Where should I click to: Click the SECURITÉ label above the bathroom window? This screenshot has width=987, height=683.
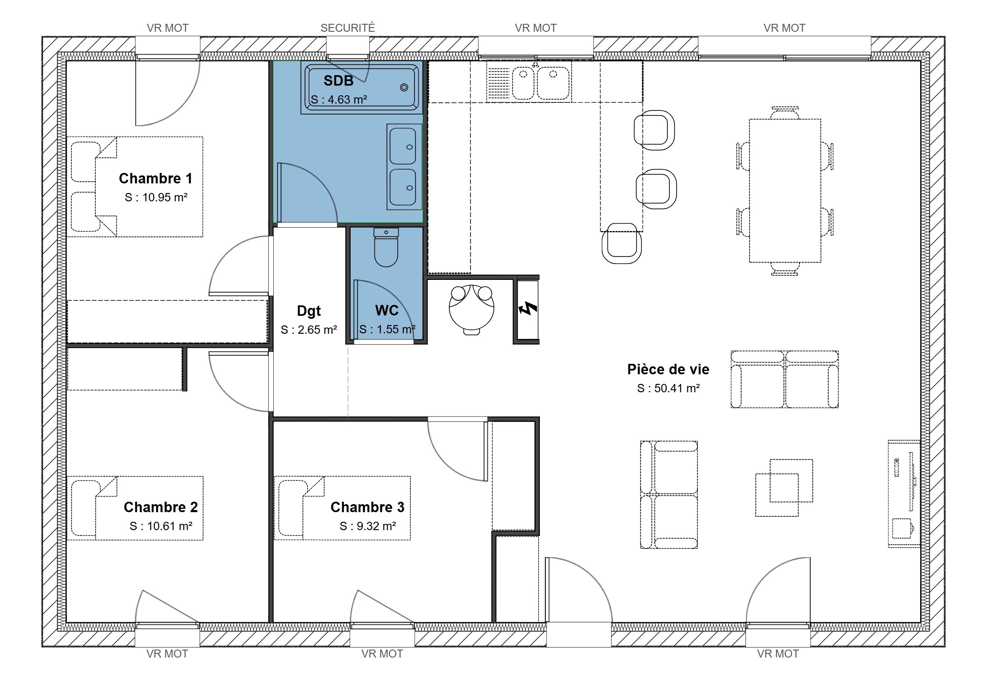pyautogui.click(x=348, y=28)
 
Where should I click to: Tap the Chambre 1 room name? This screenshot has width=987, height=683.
pyautogui.click(x=155, y=178)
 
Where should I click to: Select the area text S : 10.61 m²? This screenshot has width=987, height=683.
pyautogui.click(x=161, y=526)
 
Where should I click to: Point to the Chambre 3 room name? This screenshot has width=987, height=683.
pyautogui.click(x=367, y=507)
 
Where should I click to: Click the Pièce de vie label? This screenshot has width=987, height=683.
pyautogui.click(x=668, y=369)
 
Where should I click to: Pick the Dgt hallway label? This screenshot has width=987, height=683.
pyautogui.click(x=309, y=311)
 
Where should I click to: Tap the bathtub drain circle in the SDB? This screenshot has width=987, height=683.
pyautogui.click(x=404, y=87)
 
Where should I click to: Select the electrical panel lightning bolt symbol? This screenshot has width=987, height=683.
pyautogui.click(x=527, y=308)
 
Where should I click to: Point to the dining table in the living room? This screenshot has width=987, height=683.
pyautogui.click(x=785, y=190)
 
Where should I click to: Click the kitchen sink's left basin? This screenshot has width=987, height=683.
pyautogui.click(x=524, y=83)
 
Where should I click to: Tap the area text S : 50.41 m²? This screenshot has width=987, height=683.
pyautogui.click(x=668, y=388)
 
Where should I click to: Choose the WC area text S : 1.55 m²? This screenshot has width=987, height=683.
pyautogui.click(x=387, y=329)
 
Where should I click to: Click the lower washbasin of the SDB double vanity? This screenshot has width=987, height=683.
pyautogui.click(x=403, y=188)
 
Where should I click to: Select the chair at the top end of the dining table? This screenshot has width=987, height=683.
pyautogui.click(x=785, y=112)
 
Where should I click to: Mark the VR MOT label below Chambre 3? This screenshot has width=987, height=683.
pyautogui.click(x=382, y=654)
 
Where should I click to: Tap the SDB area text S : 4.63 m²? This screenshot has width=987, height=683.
pyautogui.click(x=338, y=100)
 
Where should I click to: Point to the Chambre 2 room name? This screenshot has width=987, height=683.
pyautogui.click(x=160, y=507)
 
